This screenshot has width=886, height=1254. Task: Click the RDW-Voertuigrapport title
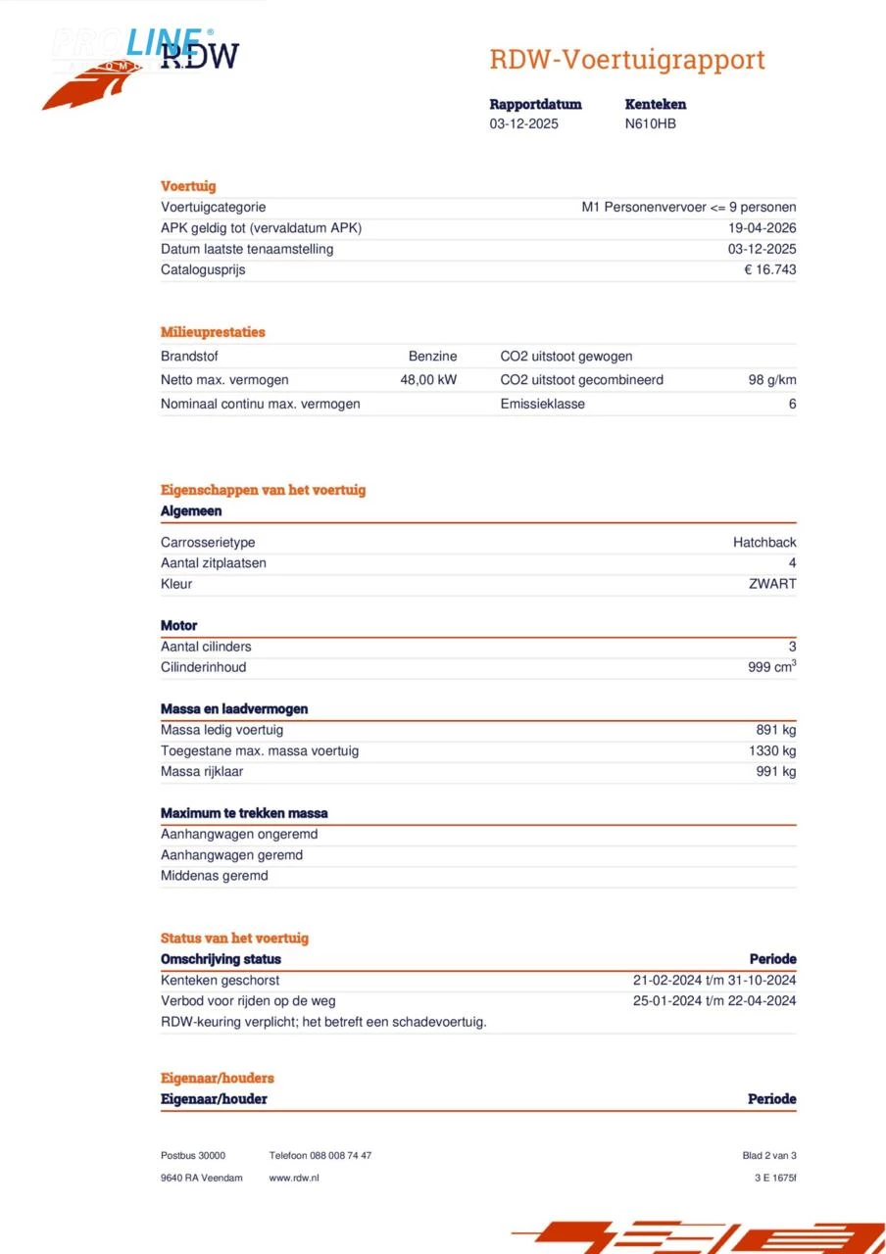click(626, 60)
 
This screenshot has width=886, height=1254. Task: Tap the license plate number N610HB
click(650, 124)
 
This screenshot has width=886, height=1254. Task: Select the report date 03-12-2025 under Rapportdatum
click(524, 124)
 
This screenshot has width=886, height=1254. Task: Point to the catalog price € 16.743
click(769, 269)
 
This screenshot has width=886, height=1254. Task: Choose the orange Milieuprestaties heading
click(213, 332)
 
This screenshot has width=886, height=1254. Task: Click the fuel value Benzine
click(432, 357)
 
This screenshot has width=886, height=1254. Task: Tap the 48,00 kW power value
click(428, 380)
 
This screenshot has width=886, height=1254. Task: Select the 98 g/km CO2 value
click(771, 380)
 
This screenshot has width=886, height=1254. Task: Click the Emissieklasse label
click(542, 404)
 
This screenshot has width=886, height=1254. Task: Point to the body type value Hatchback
click(764, 543)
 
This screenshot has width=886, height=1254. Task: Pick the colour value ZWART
click(772, 584)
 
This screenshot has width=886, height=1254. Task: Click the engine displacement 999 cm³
click(771, 667)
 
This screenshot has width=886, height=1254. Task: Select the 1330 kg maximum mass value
click(772, 750)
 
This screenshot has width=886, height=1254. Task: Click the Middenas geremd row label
click(214, 876)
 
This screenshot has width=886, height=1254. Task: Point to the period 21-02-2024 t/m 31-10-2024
click(714, 980)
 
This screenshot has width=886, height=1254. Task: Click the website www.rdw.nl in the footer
click(294, 1178)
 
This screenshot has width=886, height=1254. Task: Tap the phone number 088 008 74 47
click(340, 1156)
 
